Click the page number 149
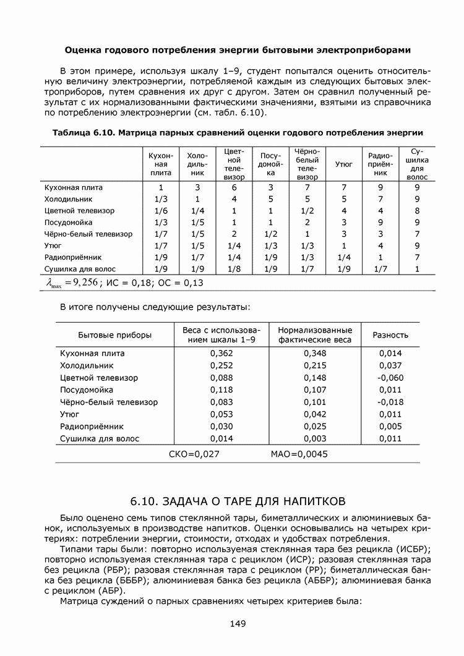point(238,623)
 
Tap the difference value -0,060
point(390,378)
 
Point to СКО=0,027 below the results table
point(194,454)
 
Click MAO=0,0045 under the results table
point(299,454)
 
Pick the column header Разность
point(390,335)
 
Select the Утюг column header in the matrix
point(344,164)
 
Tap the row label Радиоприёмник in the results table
point(92,427)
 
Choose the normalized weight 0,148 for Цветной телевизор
point(315,378)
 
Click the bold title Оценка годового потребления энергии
point(238,49)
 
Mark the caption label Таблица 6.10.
point(83,132)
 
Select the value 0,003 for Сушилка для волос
point(315,439)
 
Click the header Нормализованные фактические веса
point(315,335)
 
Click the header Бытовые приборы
point(114,335)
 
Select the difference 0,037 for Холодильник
point(390,366)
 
